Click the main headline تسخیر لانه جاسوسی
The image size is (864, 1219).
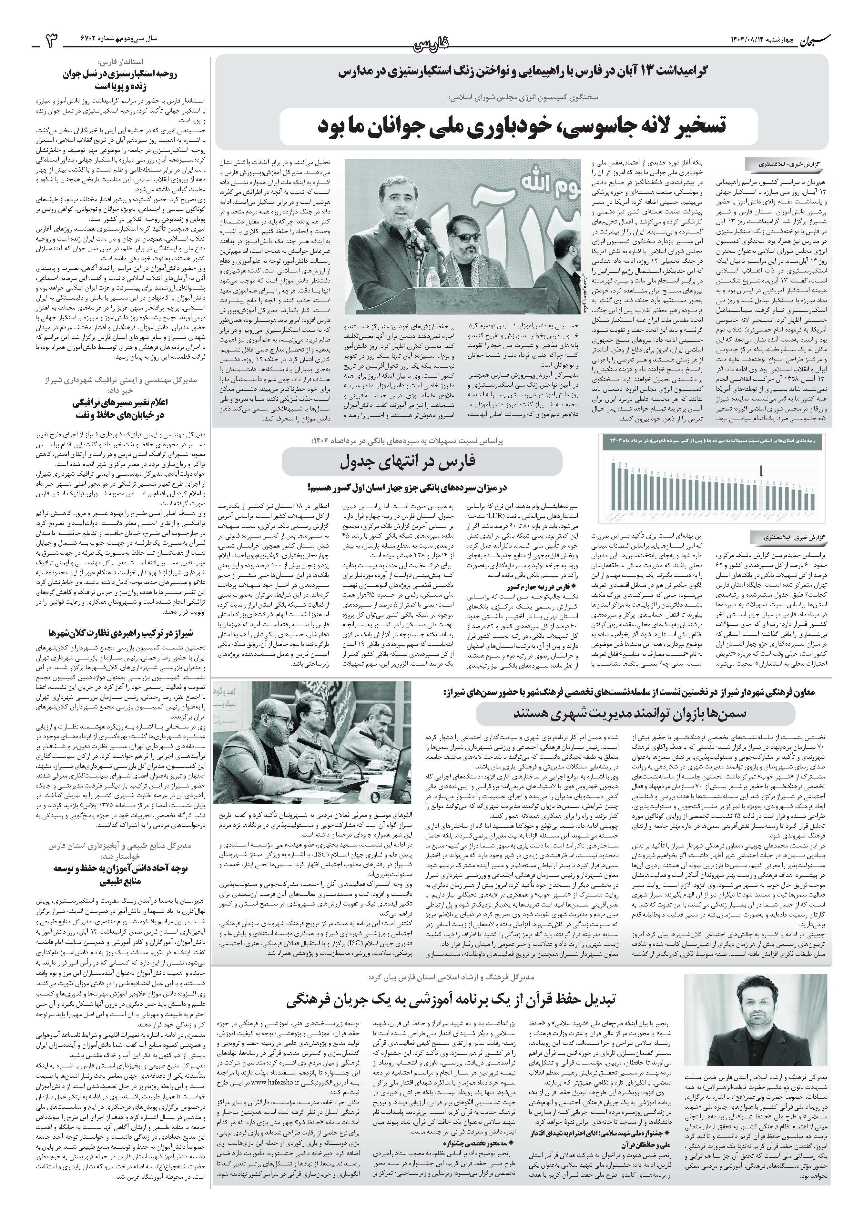521,125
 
